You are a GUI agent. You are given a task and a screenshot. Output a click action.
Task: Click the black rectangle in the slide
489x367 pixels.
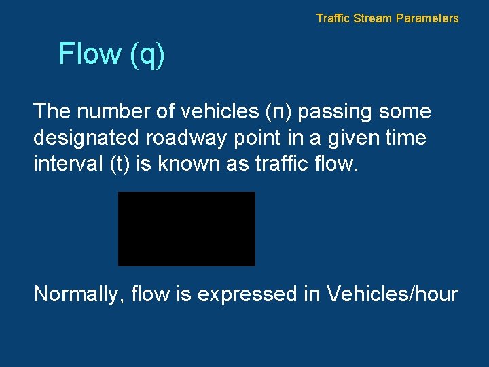[187, 228]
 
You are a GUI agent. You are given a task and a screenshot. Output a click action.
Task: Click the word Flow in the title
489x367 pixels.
[90, 54]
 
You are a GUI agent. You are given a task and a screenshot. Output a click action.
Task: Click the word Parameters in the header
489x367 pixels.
[427, 18]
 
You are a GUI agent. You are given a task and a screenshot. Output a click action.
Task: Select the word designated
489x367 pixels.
[86, 139]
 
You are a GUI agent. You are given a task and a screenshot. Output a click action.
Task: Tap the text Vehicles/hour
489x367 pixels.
[392, 294]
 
